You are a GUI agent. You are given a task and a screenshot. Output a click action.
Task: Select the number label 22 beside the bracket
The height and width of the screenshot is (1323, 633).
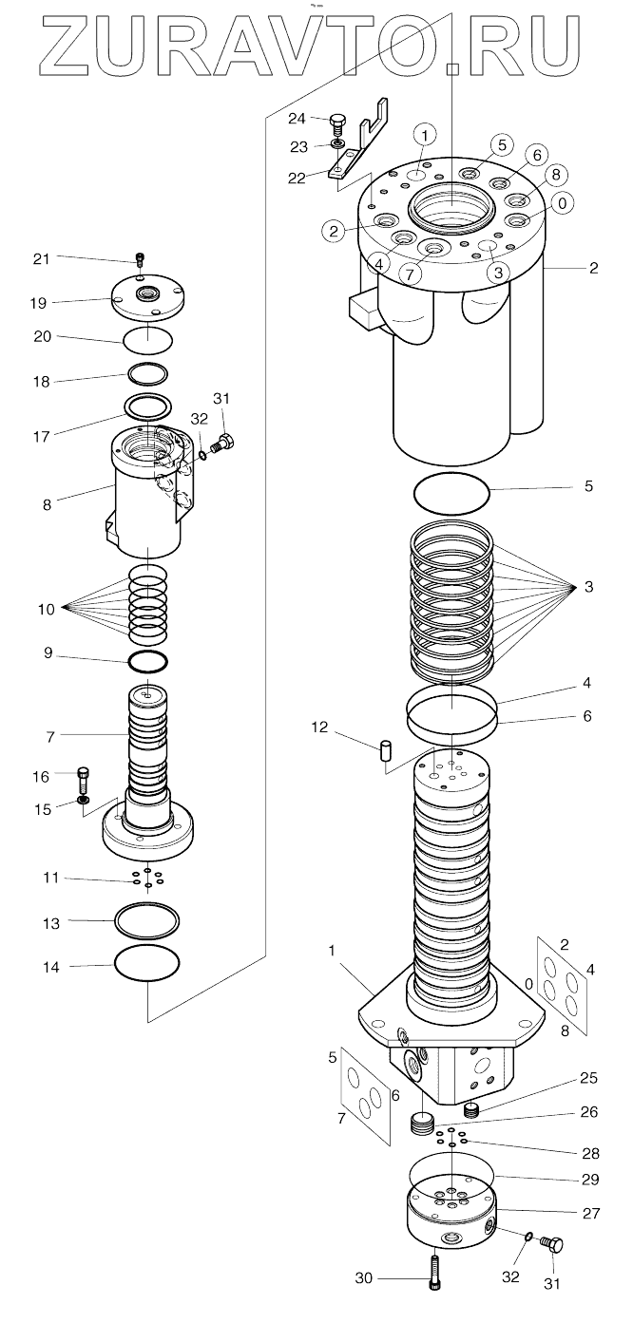pyautogui.click(x=297, y=178)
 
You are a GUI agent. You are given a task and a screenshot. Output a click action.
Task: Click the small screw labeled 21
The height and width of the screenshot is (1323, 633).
pyautogui.click(x=140, y=258)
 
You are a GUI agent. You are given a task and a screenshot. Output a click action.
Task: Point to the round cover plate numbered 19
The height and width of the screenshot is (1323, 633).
pyautogui.click(x=147, y=297)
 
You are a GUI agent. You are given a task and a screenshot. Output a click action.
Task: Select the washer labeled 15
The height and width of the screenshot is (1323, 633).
pyautogui.click(x=84, y=800)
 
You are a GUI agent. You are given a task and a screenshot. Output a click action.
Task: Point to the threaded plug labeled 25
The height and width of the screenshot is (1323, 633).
pyautogui.click(x=470, y=1110)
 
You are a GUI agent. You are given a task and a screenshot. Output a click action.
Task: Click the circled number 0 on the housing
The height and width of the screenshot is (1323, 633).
pyautogui.click(x=562, y=204)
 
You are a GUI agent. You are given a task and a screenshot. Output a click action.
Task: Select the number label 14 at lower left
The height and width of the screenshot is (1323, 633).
pyautogui.click(x=51, y=968)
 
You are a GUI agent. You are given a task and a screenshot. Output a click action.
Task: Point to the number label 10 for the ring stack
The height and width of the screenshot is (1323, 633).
pyautogui.click(x=47, y=610)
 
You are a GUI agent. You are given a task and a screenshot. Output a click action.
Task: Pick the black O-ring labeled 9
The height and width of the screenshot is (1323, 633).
pyautogui.click(x=147, y=661)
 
